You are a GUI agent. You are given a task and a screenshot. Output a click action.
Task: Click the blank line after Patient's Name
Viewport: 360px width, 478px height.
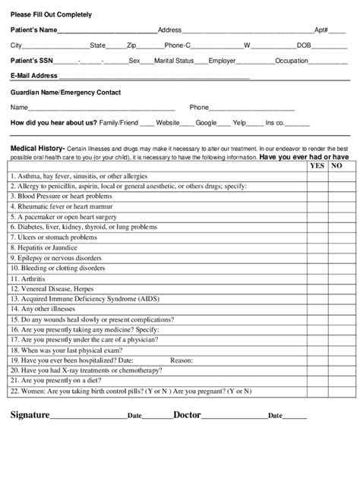107,31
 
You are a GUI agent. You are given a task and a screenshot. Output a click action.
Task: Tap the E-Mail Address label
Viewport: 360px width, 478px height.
33,76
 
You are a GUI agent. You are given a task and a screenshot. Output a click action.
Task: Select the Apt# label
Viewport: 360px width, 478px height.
321,30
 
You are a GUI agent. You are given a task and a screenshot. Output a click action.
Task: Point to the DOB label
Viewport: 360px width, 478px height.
303,46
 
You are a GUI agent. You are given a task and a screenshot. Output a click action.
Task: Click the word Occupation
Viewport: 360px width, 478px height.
291,60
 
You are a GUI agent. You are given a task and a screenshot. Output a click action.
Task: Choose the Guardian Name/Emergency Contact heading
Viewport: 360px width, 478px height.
65,93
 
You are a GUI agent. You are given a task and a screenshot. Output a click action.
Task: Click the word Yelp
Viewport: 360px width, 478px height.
239,122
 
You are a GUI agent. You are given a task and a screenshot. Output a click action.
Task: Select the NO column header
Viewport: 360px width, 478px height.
337,165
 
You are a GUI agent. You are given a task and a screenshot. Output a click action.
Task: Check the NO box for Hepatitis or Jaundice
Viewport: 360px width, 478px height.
337,247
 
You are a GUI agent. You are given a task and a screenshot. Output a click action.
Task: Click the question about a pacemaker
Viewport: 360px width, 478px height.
69,216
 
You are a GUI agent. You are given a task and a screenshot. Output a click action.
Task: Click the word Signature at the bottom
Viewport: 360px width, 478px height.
30,415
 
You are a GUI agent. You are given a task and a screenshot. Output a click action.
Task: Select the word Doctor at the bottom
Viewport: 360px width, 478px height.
187,415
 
